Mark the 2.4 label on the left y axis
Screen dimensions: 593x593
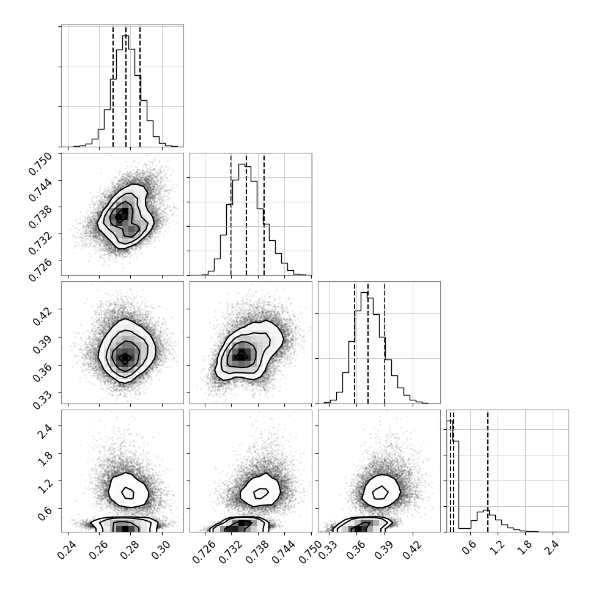coord(45,431)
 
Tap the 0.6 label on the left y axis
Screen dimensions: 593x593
coord(45,513)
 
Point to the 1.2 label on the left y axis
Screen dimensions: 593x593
coord(45,485)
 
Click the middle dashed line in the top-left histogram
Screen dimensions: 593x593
coord(126,86)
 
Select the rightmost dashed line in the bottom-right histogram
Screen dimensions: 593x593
coord(488,471)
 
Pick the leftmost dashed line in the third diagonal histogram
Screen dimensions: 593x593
coord(355,344)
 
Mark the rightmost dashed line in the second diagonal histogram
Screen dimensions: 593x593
coord(264,215)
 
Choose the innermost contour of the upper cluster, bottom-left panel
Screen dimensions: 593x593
coord(128,493)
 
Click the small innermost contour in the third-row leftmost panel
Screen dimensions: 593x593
coord(125,358)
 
